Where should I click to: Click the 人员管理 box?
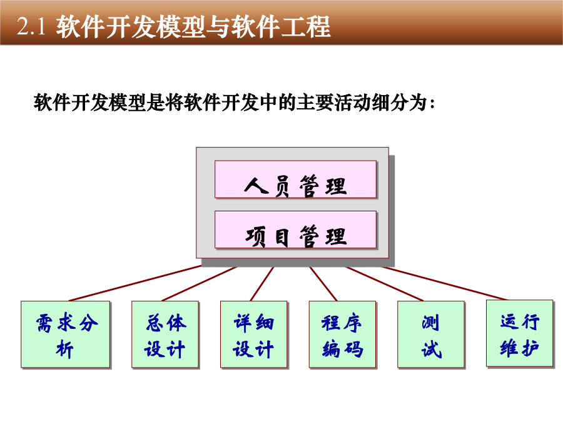[295, 179]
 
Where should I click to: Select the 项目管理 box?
[295, 229]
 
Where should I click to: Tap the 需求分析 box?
[65, 334]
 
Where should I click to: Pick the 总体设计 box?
[165, 334]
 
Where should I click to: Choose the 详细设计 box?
[254, 334]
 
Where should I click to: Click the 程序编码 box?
[343, 334]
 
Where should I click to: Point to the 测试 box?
[431, 334]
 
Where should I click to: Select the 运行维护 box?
[520, 333]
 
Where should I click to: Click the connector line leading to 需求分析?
[135, 283]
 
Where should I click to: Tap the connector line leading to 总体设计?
[200, 283]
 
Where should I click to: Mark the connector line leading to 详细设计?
[262, 283]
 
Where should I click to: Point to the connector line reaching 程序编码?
[323, 283]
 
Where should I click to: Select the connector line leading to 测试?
[385, 283]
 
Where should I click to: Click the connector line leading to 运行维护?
[445, 283]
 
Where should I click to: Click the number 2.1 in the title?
[31, 26]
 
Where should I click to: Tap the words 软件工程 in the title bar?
[281, 26]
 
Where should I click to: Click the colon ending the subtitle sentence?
[432, 104]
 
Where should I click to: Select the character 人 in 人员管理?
[256, 186]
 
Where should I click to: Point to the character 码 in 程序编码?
[353, 349]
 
